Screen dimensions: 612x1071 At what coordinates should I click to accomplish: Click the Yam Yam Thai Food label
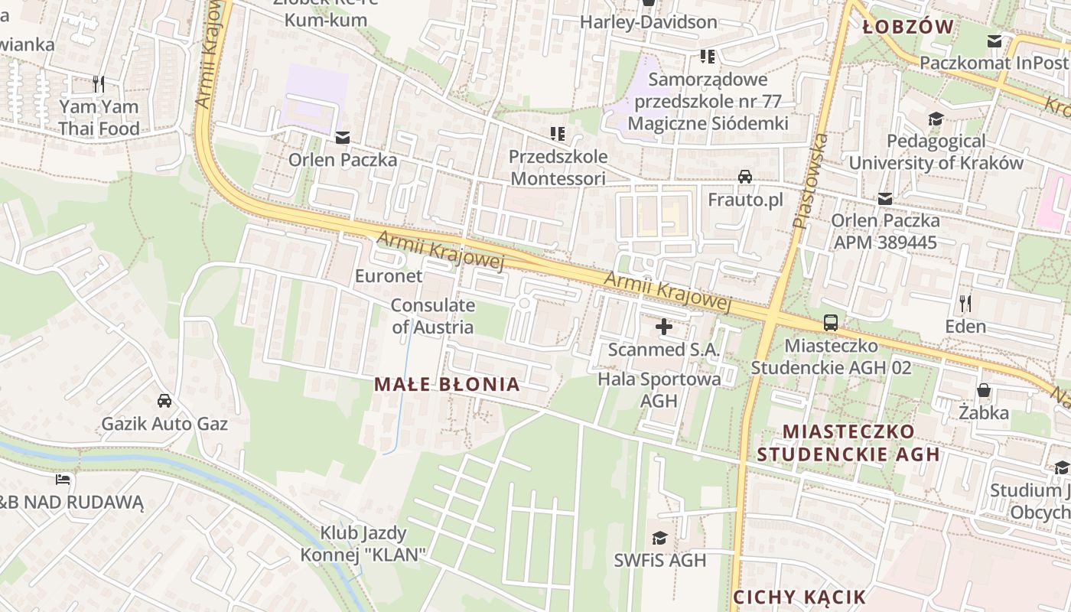99,117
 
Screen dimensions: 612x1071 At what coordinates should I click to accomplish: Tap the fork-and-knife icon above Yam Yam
99,83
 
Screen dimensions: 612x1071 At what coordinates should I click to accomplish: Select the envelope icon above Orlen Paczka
342,138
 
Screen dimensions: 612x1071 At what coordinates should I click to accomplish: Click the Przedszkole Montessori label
558,167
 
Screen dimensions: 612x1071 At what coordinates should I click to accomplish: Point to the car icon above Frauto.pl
745,177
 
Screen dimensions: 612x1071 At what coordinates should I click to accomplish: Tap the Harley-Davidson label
648,22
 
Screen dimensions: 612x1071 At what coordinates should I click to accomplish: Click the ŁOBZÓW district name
908,28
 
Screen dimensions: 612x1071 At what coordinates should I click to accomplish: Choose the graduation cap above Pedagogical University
936,119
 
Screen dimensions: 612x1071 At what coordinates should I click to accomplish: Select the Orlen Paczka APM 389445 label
884,231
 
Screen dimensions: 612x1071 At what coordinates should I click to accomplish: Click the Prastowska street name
811,182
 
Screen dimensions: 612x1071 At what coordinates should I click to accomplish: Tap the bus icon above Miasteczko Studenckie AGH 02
831,323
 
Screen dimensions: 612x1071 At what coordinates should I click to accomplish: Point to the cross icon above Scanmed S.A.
664,327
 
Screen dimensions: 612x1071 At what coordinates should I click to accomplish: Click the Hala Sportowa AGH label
659,389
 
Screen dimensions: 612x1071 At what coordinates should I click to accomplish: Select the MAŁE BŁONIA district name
448,384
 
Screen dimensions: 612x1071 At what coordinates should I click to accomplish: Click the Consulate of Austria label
432,316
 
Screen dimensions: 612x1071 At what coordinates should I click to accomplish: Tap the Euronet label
389,275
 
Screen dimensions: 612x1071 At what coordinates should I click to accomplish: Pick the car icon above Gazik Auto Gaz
164,401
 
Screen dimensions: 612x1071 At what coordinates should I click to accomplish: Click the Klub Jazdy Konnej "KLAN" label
363,543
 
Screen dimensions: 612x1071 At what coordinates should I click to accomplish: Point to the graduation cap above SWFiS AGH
659,539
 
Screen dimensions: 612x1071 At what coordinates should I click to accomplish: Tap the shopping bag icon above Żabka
984,391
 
